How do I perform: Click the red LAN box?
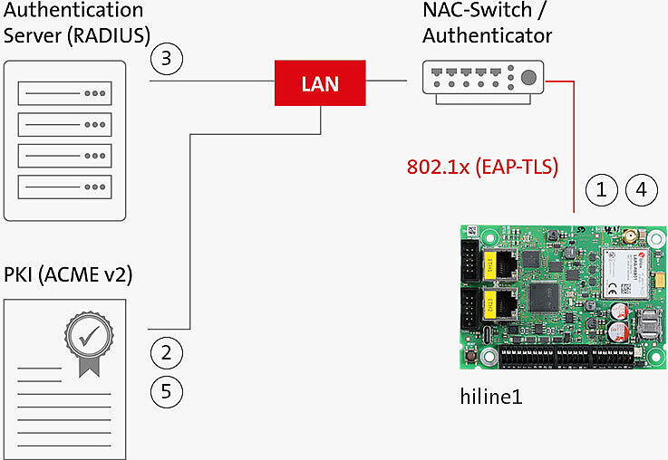click(319, 83)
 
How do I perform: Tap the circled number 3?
click(167, 60)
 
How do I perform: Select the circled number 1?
click(601, 190)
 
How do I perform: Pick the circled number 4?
click(641, 190)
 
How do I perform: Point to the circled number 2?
click(167, 351)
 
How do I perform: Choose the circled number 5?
click(167, 391)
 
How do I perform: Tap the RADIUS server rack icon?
click(65, 140)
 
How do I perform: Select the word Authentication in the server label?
click(73, 11)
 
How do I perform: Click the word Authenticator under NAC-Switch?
click(487, 36)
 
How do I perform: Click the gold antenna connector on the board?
click(626, 238)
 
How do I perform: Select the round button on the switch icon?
click(527, 76)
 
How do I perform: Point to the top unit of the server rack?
click(65, 93)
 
